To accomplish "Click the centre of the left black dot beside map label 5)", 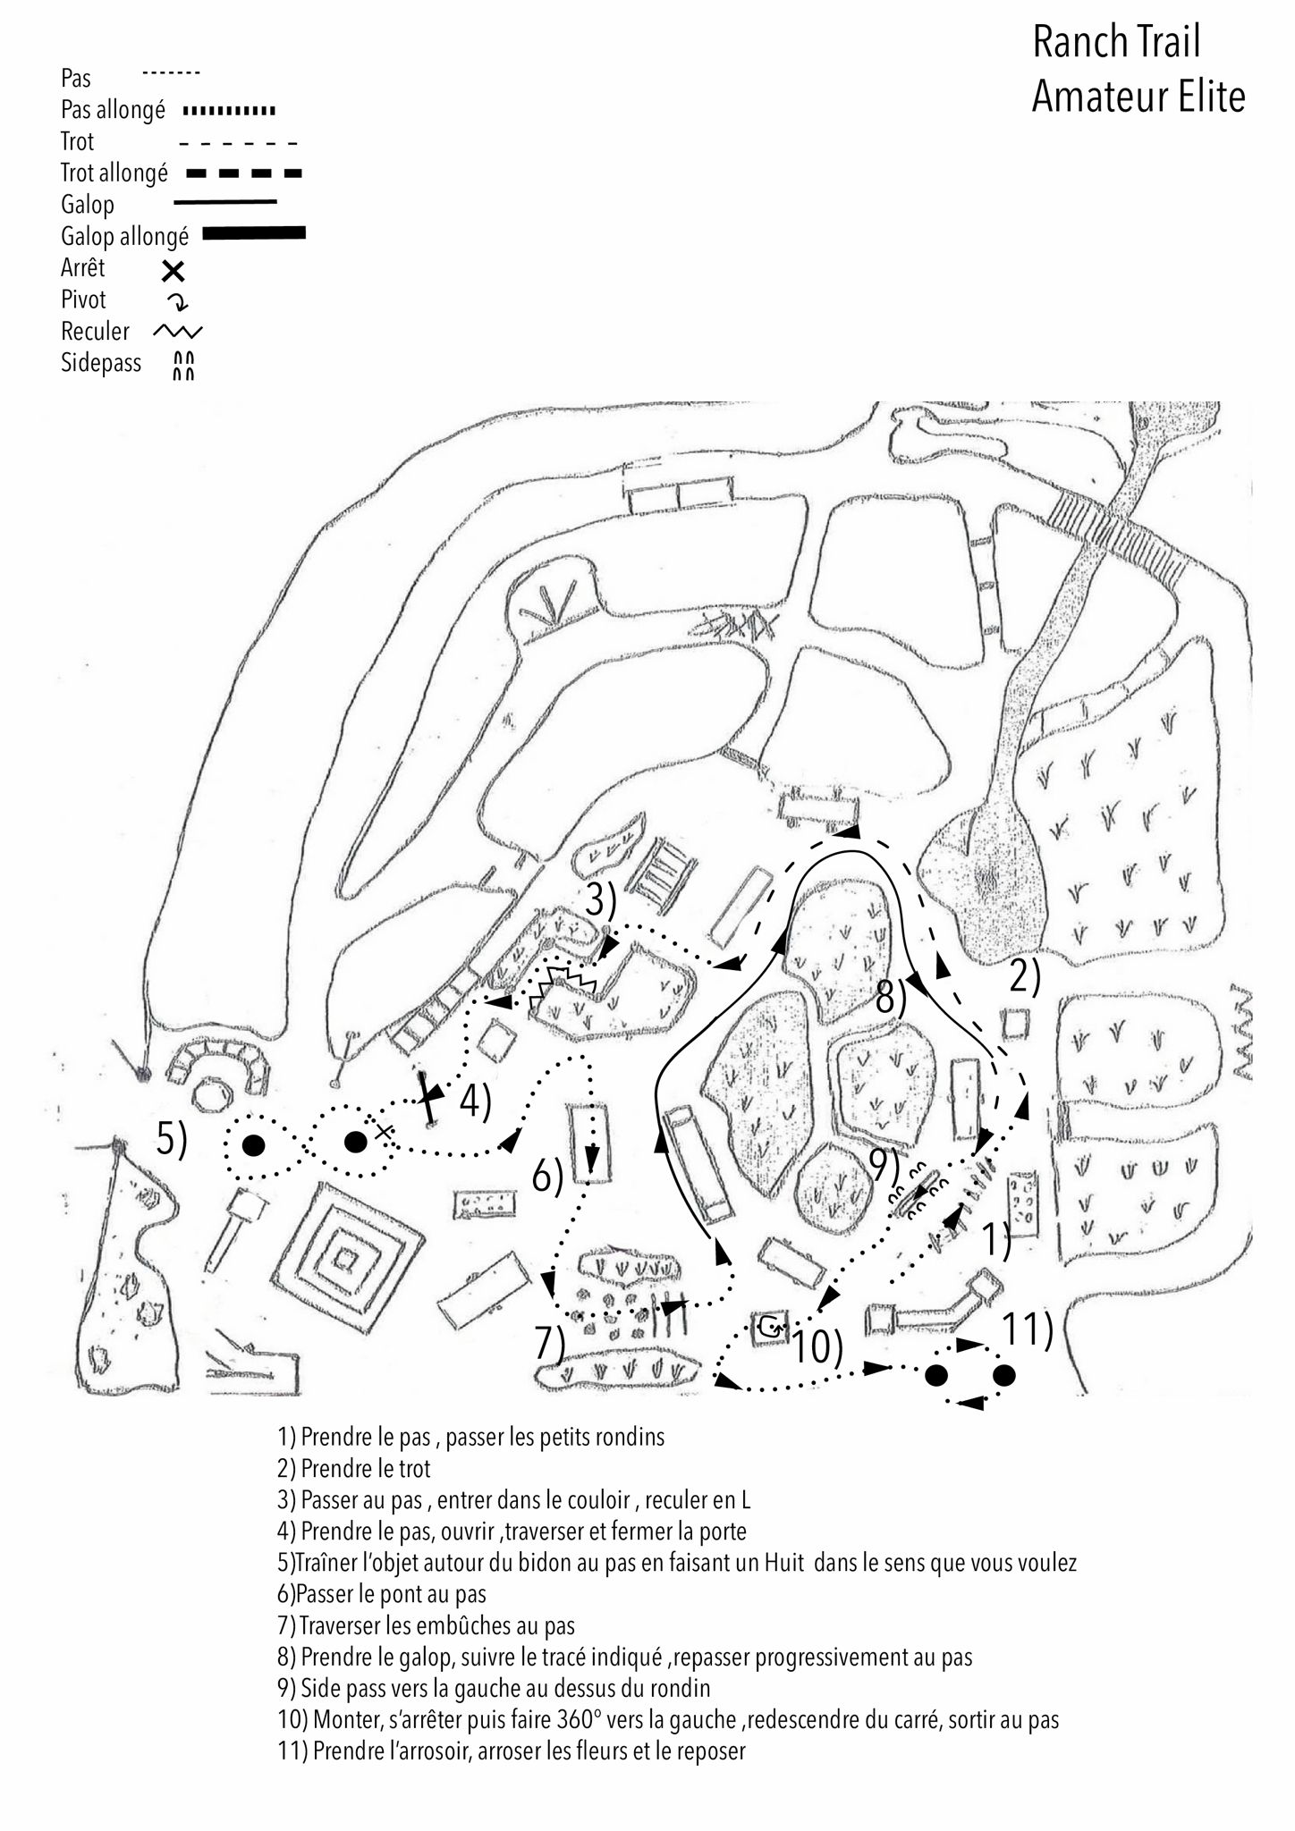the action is click(254, 1144).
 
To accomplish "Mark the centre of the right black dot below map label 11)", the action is click(1003, 1375).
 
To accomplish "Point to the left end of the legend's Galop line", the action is click(174, 203).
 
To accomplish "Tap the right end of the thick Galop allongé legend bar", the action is click(305, 233).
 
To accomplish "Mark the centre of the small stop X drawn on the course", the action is click(384, 1132).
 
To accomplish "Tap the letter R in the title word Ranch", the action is click(1045, 43).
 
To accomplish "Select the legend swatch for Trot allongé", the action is click(244, 173).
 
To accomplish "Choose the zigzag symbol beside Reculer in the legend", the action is click(178, 332).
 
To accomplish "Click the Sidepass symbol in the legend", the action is click(183, 365).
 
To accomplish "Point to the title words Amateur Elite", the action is click(1138, 97).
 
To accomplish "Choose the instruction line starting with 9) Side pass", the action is click(494, 1689).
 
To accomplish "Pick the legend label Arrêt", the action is click(83, 267).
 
